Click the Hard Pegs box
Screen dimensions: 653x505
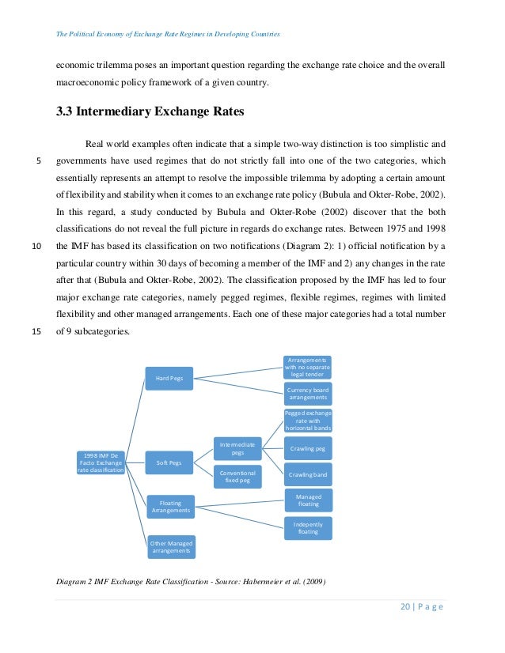(x=169, y=378)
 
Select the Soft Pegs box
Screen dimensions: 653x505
(x=169, y=462)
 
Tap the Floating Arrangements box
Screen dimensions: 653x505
(x=170, y=505)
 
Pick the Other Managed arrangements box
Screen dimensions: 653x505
(x=170, y=545)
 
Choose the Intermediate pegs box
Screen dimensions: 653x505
(x=237, y=448)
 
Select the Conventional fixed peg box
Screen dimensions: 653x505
(x=237, y=476)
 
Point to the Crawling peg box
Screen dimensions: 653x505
(x=307, y=448)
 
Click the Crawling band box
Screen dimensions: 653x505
(x=307, y=474)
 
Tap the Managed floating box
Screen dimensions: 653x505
(x=308, y=500)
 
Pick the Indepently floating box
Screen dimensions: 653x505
(x=308, y=527)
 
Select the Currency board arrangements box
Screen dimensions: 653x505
(x=308, y=393)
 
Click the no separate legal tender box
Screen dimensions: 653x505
(x=308, y=367)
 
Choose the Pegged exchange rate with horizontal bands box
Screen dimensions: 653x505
(x=308, y=420)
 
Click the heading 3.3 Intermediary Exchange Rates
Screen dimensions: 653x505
(x=150, y=111)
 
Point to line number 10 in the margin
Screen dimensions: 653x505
(x=36, y=245)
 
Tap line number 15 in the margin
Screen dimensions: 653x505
(x=36, y=331)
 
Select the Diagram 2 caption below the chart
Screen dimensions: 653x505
(x=190, y=583)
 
